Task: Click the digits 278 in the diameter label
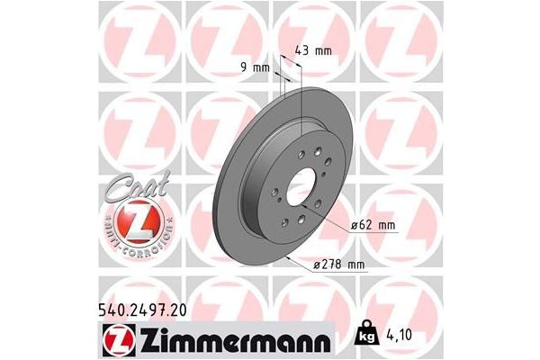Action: pyautogui.click(x=331, y=265)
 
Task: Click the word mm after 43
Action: pyautogui.click(x=324, y=49)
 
